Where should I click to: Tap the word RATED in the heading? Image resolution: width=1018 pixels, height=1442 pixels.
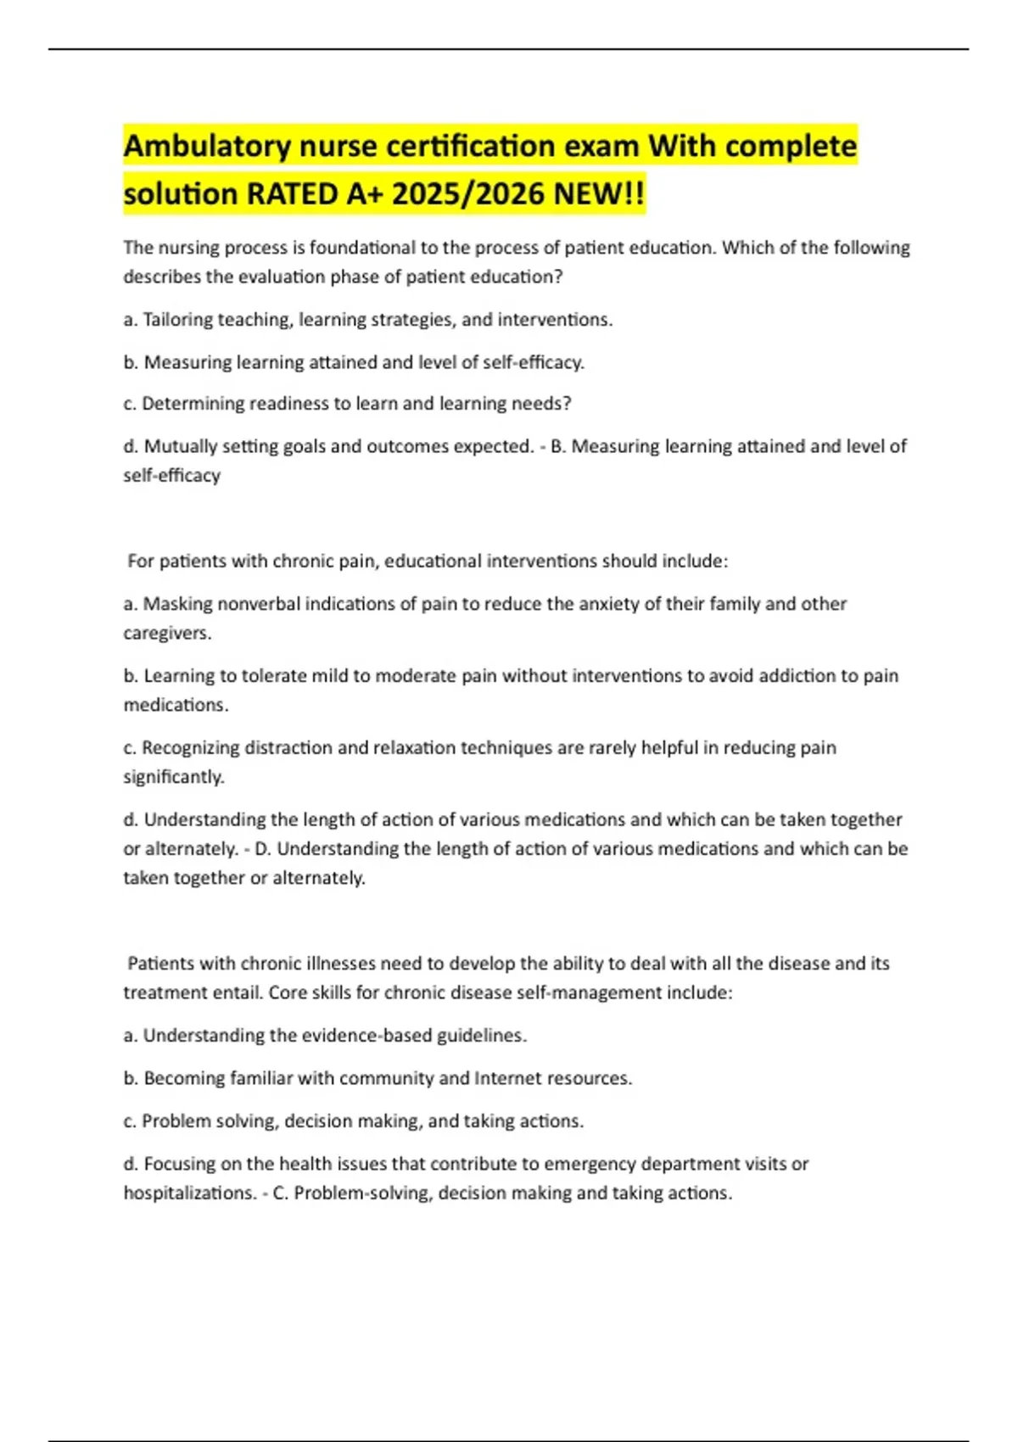pyautogui.click(x=292, y=194)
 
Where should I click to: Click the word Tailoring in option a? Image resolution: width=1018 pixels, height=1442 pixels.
pyautogui.click(x=177, y=320)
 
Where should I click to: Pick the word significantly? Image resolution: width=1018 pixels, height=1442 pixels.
pyautogui.click(x=174, y=777)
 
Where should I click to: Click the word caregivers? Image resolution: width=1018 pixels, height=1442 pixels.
pyautogui.click(x=167, y=633)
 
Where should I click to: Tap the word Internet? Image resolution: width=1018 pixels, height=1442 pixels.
pyautogui.click(x=508, y=1078)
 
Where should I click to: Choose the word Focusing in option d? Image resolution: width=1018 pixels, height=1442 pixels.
pyautogui.click(x=180, y=1164)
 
